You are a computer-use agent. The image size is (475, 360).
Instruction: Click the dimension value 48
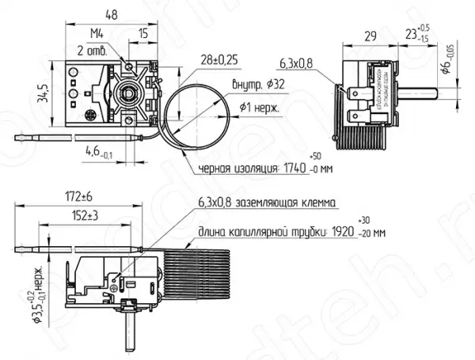tap(111, 13)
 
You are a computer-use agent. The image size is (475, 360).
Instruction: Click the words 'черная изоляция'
tap(234, 169)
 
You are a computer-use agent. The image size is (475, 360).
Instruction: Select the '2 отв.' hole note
tap(92, 51)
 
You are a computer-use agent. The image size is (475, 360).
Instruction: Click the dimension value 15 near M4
tap(143, 34)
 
